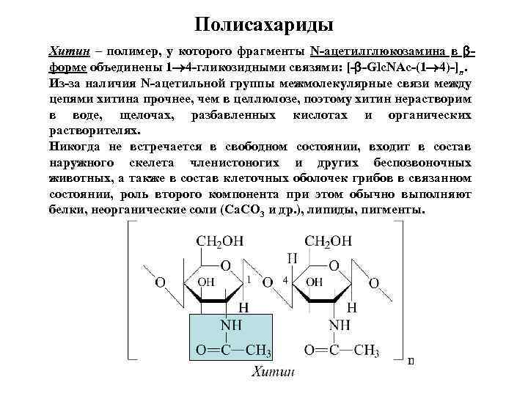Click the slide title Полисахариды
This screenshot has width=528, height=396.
tap(264, 25)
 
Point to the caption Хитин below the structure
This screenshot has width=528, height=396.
tap(272, 372)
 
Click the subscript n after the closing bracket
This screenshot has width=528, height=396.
tap(411, 360)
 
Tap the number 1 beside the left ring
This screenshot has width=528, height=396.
tap(250, 280)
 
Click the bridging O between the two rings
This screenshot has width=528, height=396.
tap(268, 282)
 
